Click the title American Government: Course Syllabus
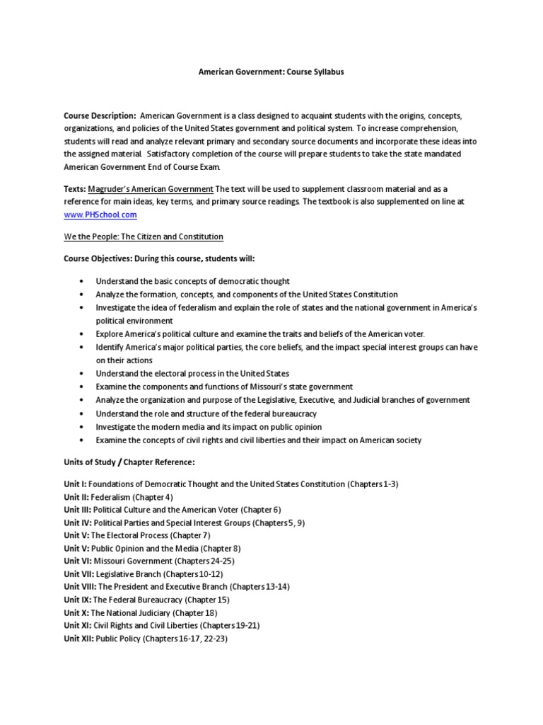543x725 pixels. tap(271, 73)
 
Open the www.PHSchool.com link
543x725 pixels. tap(100, 214)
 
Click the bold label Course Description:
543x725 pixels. tap(100, 115)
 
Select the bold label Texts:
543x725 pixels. tap(75, 189)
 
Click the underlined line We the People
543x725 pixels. tap(144, 236)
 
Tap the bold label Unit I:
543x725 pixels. tap(75, 484)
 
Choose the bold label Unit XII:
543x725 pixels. tap(78, 639)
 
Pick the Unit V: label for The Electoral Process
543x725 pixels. tap(76, 535)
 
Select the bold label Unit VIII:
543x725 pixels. tap(80, 587)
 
